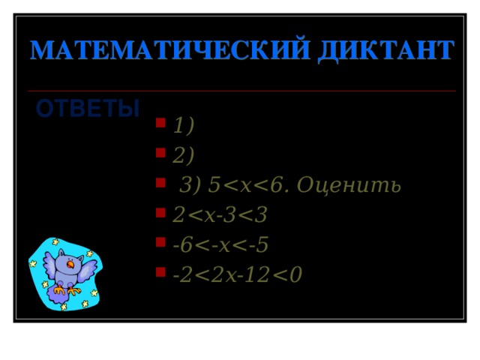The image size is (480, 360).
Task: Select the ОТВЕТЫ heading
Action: pos(88,109)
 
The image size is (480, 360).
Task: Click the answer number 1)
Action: pos(183,125)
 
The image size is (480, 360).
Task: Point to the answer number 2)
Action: pos(183,155)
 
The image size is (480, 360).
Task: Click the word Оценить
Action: pos(349,184)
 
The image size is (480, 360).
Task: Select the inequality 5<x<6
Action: pos(247,184)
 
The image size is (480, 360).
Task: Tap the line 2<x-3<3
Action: pos(220,215)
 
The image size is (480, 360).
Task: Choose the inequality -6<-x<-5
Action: pos(220,245)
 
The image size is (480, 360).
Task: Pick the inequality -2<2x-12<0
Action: pos(237,275)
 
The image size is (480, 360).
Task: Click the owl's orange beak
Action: pos(71,264)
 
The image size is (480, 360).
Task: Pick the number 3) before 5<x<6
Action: pos(191,184)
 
